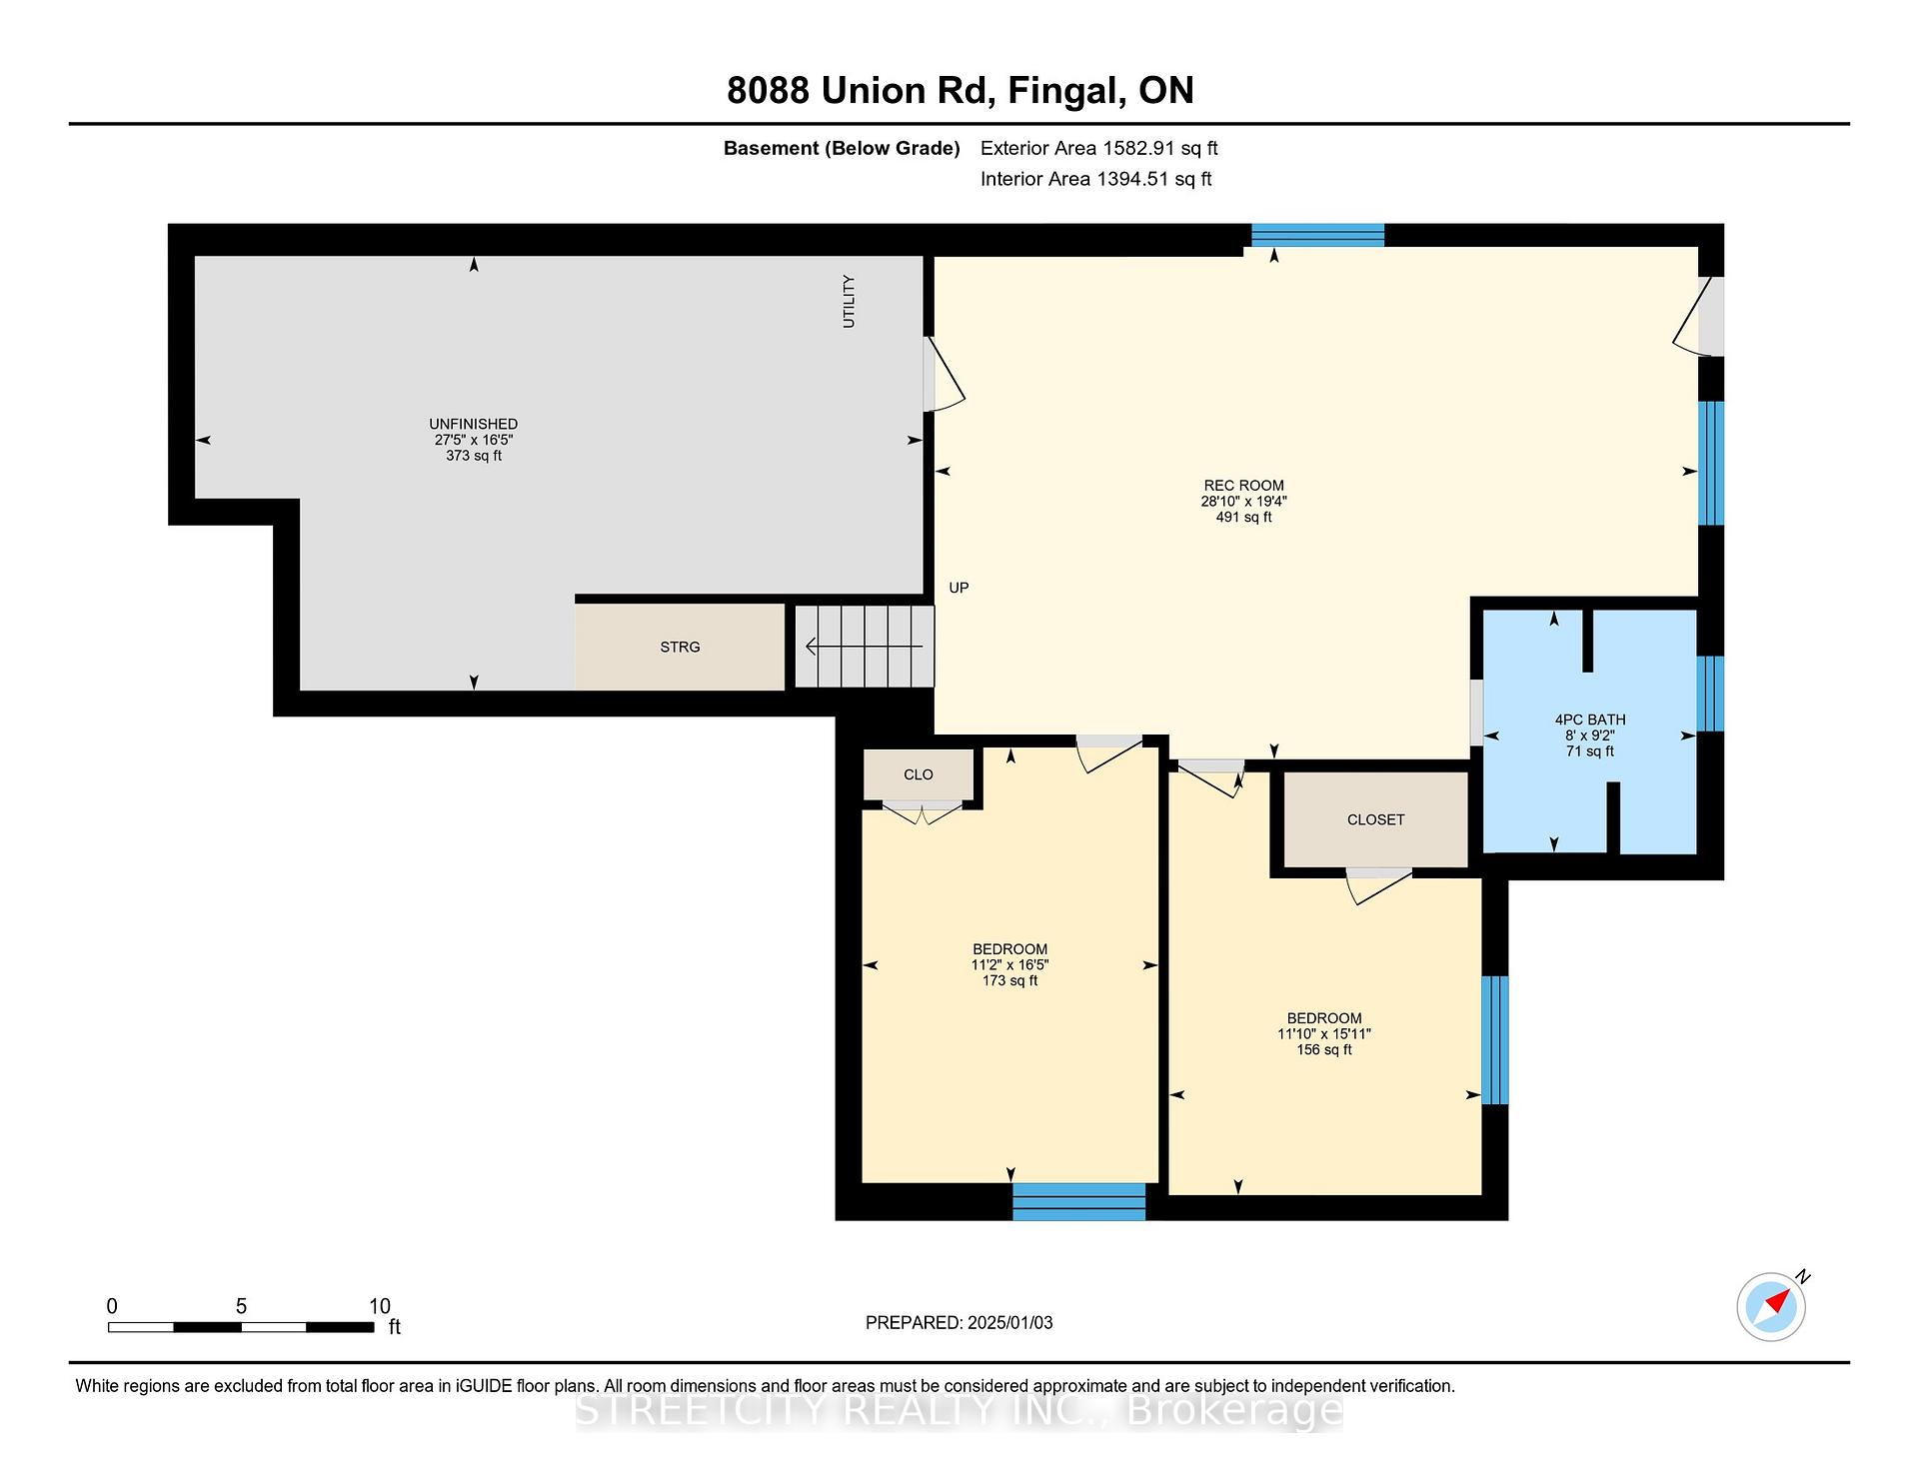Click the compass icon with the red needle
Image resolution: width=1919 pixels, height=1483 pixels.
(1771, 1306)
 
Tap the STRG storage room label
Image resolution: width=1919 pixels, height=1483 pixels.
(680, 648)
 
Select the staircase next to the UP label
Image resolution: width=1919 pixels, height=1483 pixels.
(864, 647)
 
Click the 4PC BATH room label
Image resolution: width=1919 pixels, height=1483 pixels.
(1590, 720)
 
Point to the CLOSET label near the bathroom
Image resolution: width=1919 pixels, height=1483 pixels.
(1375, 819)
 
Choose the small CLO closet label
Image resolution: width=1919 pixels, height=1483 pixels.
(919, 774)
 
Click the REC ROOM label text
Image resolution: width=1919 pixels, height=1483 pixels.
(1243, 486)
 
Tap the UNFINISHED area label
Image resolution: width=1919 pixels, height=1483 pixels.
(474, 424)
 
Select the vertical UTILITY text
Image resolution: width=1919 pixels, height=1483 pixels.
(849, 301)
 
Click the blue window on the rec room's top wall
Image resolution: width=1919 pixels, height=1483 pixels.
(1317, 235)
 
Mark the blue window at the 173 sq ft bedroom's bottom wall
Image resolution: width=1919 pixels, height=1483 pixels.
(1078, 1201)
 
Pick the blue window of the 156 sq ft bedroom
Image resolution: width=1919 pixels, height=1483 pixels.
(1494, 1039)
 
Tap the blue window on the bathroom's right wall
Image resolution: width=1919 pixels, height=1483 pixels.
(1711, 694)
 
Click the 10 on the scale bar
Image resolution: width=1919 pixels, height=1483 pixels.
(379, 1306)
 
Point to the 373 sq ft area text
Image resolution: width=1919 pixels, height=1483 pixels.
(474, 456)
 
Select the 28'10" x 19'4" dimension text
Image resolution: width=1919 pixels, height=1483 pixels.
(1243, 502)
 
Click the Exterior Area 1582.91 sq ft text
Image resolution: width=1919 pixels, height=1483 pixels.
(1098, 148)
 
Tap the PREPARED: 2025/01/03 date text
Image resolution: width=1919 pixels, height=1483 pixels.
(959, 1322)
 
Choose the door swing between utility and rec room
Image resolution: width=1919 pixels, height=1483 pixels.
(943, 374)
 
